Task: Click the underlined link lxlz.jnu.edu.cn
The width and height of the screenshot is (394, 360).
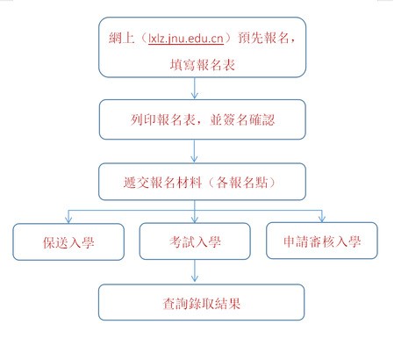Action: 186,39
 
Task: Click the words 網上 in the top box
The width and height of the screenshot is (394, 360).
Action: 121,38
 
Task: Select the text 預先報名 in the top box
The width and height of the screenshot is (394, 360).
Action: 263,38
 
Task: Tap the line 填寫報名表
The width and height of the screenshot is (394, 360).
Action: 203,65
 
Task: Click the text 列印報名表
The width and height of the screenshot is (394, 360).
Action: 163,119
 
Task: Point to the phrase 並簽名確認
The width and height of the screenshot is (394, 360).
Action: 242,119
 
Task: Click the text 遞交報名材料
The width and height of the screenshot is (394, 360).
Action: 163,183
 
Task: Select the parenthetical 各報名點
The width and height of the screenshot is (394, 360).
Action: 242,183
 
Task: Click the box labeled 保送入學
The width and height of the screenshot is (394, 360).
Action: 68,241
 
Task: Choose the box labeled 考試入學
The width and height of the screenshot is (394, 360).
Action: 195,241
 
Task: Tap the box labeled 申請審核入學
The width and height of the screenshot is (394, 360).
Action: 322,241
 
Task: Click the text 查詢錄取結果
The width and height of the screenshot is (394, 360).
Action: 202,303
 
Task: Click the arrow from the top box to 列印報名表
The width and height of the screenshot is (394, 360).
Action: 195,88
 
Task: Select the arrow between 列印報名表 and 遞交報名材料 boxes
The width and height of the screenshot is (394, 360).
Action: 194,151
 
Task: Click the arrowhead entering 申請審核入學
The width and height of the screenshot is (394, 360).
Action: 322,219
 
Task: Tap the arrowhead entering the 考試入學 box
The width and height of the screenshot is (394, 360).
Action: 195,220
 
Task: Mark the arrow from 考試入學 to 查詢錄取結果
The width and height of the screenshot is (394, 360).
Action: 195,270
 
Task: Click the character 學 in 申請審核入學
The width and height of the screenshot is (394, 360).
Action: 355,241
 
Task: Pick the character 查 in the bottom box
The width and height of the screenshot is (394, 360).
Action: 169,303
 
